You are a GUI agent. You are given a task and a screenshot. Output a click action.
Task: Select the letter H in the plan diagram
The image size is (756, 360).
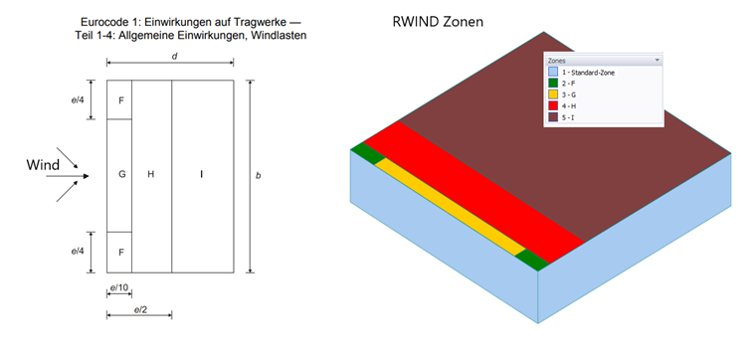click(x=151, y=175)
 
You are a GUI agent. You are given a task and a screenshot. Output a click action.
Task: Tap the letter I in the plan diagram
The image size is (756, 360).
click(x=202, y=175)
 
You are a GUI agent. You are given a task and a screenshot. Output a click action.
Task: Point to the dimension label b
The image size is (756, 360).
click(x=259, y=176)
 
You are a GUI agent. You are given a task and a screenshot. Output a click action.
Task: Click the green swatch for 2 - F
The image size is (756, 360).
click(x=552, y=84)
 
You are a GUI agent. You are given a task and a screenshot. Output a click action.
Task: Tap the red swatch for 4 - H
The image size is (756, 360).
click(x=552, y=106)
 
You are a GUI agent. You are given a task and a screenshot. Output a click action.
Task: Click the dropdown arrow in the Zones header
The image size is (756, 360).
click(x=657, y=61)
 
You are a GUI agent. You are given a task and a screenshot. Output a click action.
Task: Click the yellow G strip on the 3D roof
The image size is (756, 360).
click(x=448, y=203)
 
